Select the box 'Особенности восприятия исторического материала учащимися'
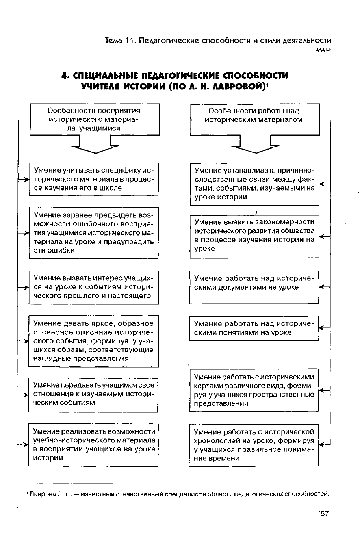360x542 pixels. (x=94, y=119)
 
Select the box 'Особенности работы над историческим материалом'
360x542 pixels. (x=255, y=119)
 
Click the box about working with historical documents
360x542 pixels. (x=254, y=287)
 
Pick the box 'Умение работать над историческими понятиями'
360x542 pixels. (x=254, y=328)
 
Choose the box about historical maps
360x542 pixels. (x=254, y=390)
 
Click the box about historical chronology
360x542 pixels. (x=254, y=445)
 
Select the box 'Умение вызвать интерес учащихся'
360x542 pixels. (x=94, y=287)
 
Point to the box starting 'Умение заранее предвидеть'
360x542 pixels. (x=94, y=232)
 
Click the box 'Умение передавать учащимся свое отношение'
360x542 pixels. (x=94, y=395)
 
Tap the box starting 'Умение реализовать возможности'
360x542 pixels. (x=94, y=445)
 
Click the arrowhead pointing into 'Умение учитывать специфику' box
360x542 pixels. (x=26, y=180)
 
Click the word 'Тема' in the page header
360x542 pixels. (x=113, y=41)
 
